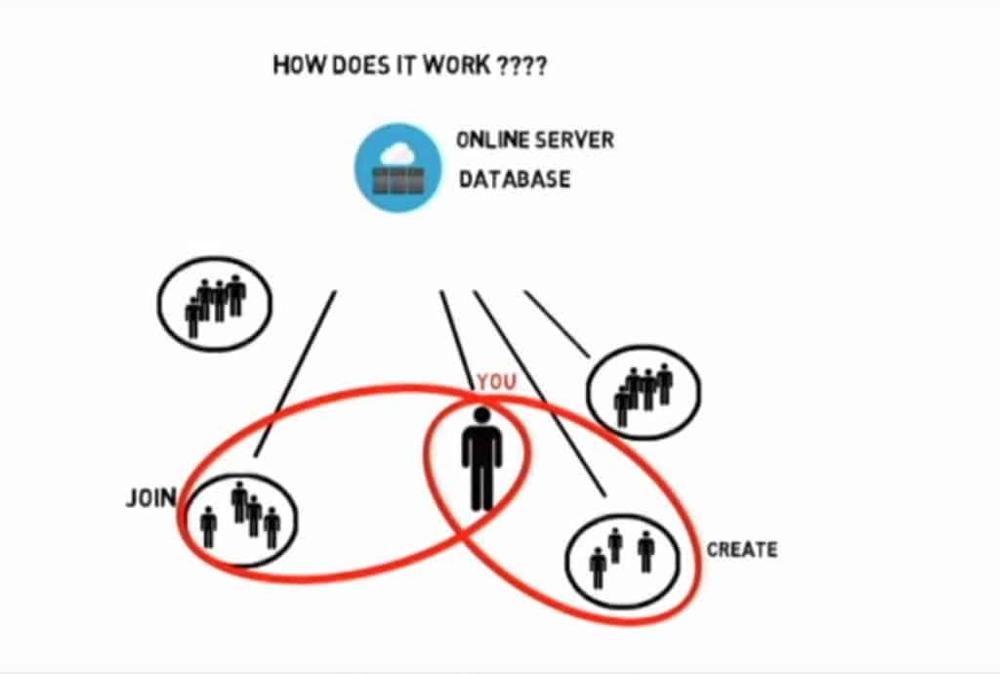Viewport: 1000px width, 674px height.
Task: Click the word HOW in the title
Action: pos(294,67)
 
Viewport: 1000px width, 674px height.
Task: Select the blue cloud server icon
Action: pos(397,167)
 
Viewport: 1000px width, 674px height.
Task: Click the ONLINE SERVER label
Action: pos(535,140)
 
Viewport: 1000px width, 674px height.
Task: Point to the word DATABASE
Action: pos(515,180)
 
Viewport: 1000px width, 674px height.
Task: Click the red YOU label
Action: pos(496,382)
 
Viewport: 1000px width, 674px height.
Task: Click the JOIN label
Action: pos(150,498)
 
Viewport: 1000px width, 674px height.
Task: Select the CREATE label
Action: pos(742,550)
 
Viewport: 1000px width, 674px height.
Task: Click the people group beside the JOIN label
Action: pos(240,515)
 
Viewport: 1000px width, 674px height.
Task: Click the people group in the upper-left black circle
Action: pos(215,304)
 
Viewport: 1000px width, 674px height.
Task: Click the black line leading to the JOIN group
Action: pos(295,372)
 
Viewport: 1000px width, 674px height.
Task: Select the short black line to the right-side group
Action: pos(557,323)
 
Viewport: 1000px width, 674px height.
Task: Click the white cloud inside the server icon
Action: pos(397,153)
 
